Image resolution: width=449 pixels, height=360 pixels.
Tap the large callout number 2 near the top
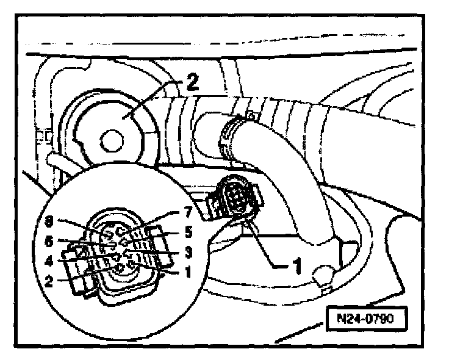point(193,83)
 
